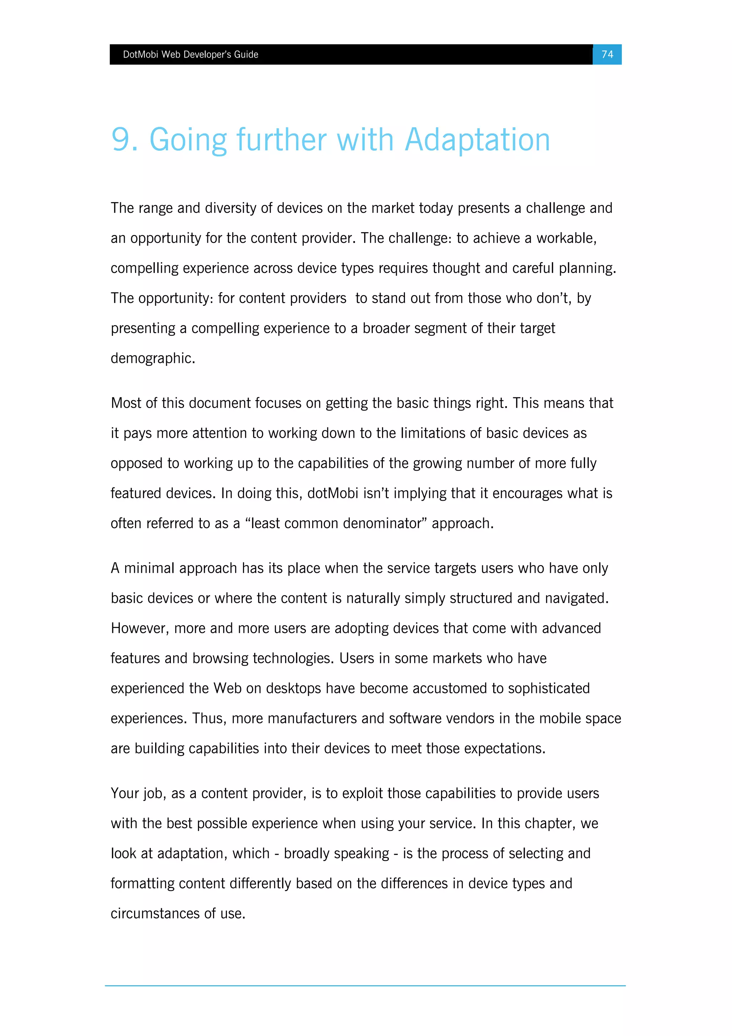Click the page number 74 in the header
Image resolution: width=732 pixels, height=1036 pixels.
607,55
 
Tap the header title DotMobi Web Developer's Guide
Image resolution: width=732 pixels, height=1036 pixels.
191,55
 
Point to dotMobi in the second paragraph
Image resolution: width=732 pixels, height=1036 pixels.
332,493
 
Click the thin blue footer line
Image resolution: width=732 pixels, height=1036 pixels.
365,986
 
